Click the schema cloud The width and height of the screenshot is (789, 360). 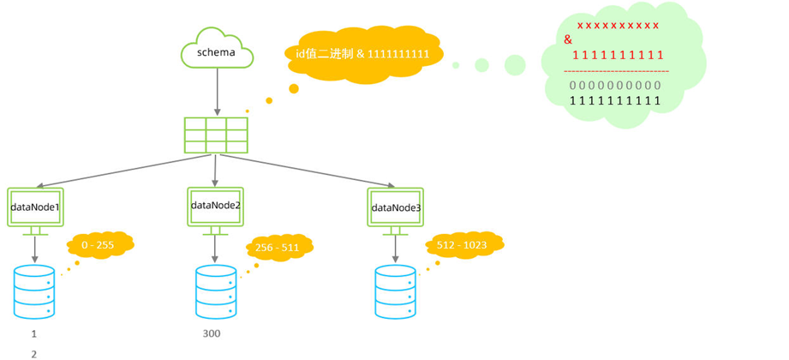(217, 51)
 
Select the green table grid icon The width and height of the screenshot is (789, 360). (216, 135)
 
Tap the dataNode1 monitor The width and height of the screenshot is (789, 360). (34, 208)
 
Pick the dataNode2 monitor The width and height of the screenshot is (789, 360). (215, 207)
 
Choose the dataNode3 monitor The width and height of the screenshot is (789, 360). (396, 208)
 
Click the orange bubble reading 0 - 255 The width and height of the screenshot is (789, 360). (99, 245)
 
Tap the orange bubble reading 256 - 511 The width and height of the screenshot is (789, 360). (278, 249)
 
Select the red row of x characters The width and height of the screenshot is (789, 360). (618, 26)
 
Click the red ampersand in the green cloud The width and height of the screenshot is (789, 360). (568, 39)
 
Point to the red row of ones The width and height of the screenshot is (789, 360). (618, 55)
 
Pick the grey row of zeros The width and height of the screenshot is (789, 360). (615, 86)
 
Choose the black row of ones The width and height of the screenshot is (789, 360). (615, 101)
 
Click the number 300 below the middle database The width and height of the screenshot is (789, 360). (211, 333)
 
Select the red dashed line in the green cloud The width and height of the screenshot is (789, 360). (616, 70)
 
